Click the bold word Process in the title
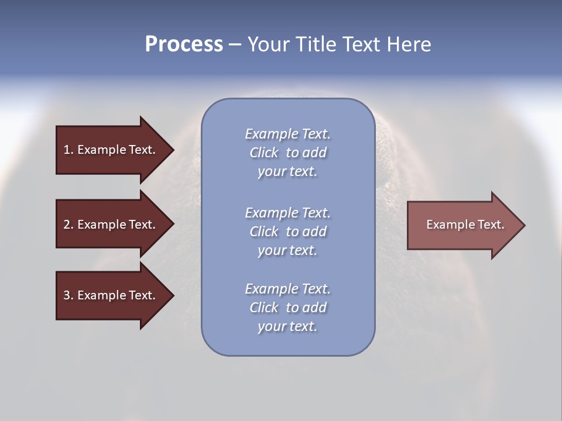[184, 44]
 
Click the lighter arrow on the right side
[462, 225]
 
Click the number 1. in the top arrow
[68, 150]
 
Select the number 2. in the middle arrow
[68, 225]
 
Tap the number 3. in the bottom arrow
[68, 295]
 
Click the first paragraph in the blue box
[287, 153]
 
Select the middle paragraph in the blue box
[287, 232]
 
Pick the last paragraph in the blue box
[287, 308]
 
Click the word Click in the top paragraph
[264, 153]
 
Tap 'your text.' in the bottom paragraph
[287, 326]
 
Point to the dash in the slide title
[235, 44]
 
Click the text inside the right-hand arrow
[465, 225]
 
